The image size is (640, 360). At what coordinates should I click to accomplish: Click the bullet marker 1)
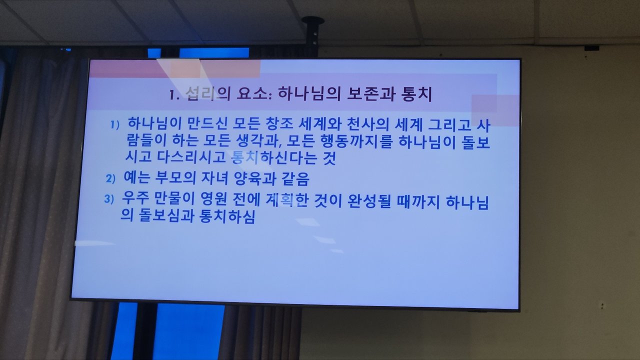click(x=115, y=125)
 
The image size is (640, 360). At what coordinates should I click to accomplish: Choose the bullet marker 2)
click(x=110, y=178)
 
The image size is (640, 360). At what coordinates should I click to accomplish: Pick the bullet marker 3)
click(x=109, y=199)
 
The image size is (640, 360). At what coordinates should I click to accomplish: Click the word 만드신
click(x=208, y=123)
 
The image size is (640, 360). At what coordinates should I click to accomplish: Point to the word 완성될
click(x=369, y=200)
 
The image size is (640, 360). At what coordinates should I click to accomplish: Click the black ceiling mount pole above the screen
click(x=313, y=37)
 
